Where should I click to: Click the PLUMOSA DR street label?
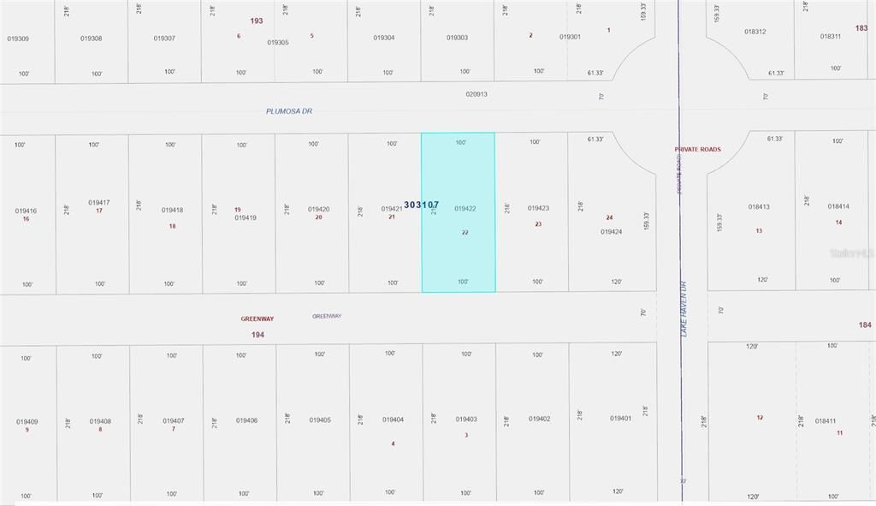[x=289, y=111]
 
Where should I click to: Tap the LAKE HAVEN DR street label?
[x=684, y=309]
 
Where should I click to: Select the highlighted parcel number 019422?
[x=465, y=209]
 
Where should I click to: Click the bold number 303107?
[x=421, y=205]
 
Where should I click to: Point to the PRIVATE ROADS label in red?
[x=697, y=149]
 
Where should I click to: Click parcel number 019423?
[x=538, y=208]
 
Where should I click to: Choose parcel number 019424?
[x=611, y=232]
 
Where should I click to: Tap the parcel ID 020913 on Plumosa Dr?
[x=476, y=94]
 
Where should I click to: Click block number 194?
[x=257, y=335]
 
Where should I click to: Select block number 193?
[x=257, y=21]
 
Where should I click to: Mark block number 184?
[x=864, y=324]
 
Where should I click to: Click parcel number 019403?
[x=466, y=419]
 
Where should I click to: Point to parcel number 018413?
[x=759, y=206]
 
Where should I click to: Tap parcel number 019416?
[x=27, y=210]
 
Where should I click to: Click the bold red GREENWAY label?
[x=257, y=318]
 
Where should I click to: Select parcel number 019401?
[x=621, y=418]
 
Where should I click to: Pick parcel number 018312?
[x=755, y=32]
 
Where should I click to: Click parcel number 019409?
[x=27, y=421]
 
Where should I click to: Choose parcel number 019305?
[x=278, y=42]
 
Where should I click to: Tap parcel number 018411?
[x=826, y=420]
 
